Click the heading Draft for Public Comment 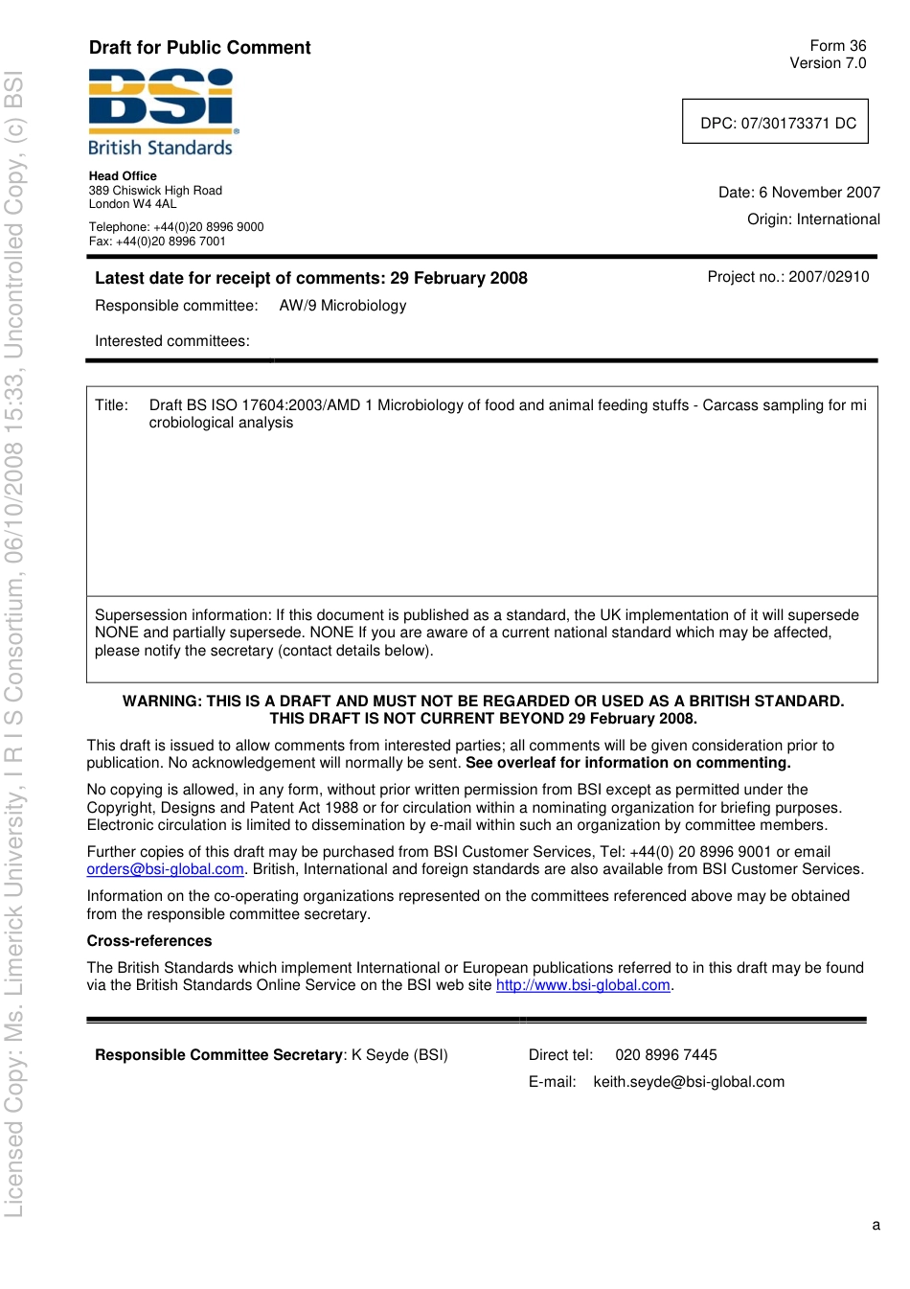tap(199, 48)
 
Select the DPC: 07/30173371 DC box tap(775, 123)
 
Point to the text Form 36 tap(837, 46)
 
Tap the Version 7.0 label tap(828, 63)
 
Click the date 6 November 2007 tap(819, 193)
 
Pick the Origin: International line tap(813, 219)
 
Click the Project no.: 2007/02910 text tap(788, 277)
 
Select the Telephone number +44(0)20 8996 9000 tap(209, 227)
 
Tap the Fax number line tap(157, 242)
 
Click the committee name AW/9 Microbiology tap(343, 306)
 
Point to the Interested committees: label tap(172, 341)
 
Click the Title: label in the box tap(111, 405)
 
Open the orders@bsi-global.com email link tap(165, 869)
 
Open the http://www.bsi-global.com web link tap(582, 985)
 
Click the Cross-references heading tap(149, 941)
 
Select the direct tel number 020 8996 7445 tap(666, 1055)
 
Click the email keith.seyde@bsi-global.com tap(689, 1082)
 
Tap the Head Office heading tap(123, 176)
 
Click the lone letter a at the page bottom tap(876, 1225)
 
